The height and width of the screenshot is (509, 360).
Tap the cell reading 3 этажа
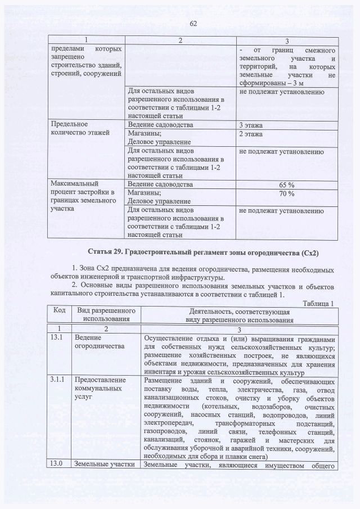click(251, 124)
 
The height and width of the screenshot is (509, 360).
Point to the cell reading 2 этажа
click(251, 134)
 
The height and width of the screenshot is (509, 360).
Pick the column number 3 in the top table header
click(287, 40)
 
